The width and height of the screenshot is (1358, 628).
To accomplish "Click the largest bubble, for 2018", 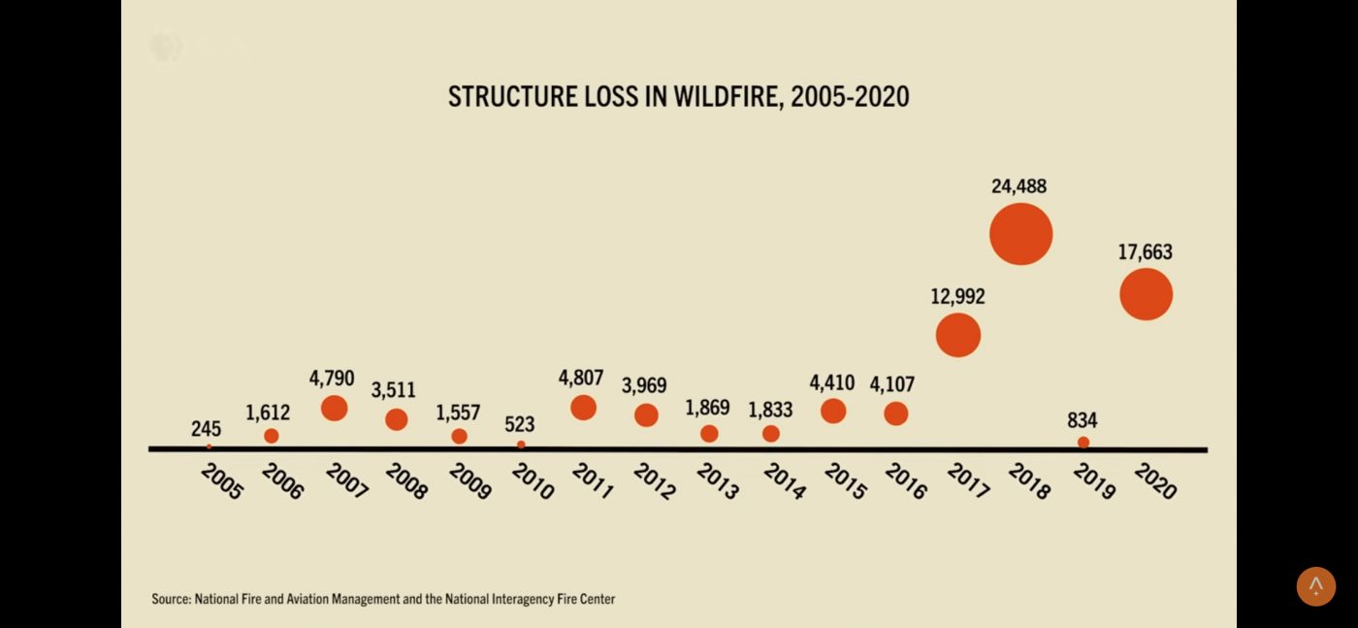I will pos(1020,234).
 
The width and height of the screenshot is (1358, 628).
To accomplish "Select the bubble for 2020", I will pos(1146,294).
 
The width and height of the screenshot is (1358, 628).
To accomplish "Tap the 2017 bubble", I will pos(958,335).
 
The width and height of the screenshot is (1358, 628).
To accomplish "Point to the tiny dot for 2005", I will pos(209,446).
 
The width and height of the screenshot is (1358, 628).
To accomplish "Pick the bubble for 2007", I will pos(334,408).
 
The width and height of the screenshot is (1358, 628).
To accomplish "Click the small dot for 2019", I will pos(1083,443).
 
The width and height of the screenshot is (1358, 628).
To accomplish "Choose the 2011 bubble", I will pos(583,408).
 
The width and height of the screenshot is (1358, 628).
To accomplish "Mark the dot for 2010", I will pos(521,445).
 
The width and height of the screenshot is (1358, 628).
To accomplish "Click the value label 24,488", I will pos(1018,186).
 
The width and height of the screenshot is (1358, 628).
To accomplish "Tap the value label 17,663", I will pos(1145,252).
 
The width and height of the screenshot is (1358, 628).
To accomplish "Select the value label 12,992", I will pos(957,296).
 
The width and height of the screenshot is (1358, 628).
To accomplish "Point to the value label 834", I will pos(1083,420).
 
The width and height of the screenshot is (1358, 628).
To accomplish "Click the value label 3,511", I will pos(394,390).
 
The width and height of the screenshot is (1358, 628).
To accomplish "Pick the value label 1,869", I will pos(707,408).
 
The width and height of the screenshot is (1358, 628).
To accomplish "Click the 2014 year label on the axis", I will pos(784,481).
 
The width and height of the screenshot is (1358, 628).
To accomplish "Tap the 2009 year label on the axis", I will pos(470,481).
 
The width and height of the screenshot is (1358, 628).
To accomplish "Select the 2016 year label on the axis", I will pos(906,481).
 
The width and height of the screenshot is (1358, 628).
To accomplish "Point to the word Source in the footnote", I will pos(171,599).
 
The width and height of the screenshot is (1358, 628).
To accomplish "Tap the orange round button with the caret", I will pos(1315,586).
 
